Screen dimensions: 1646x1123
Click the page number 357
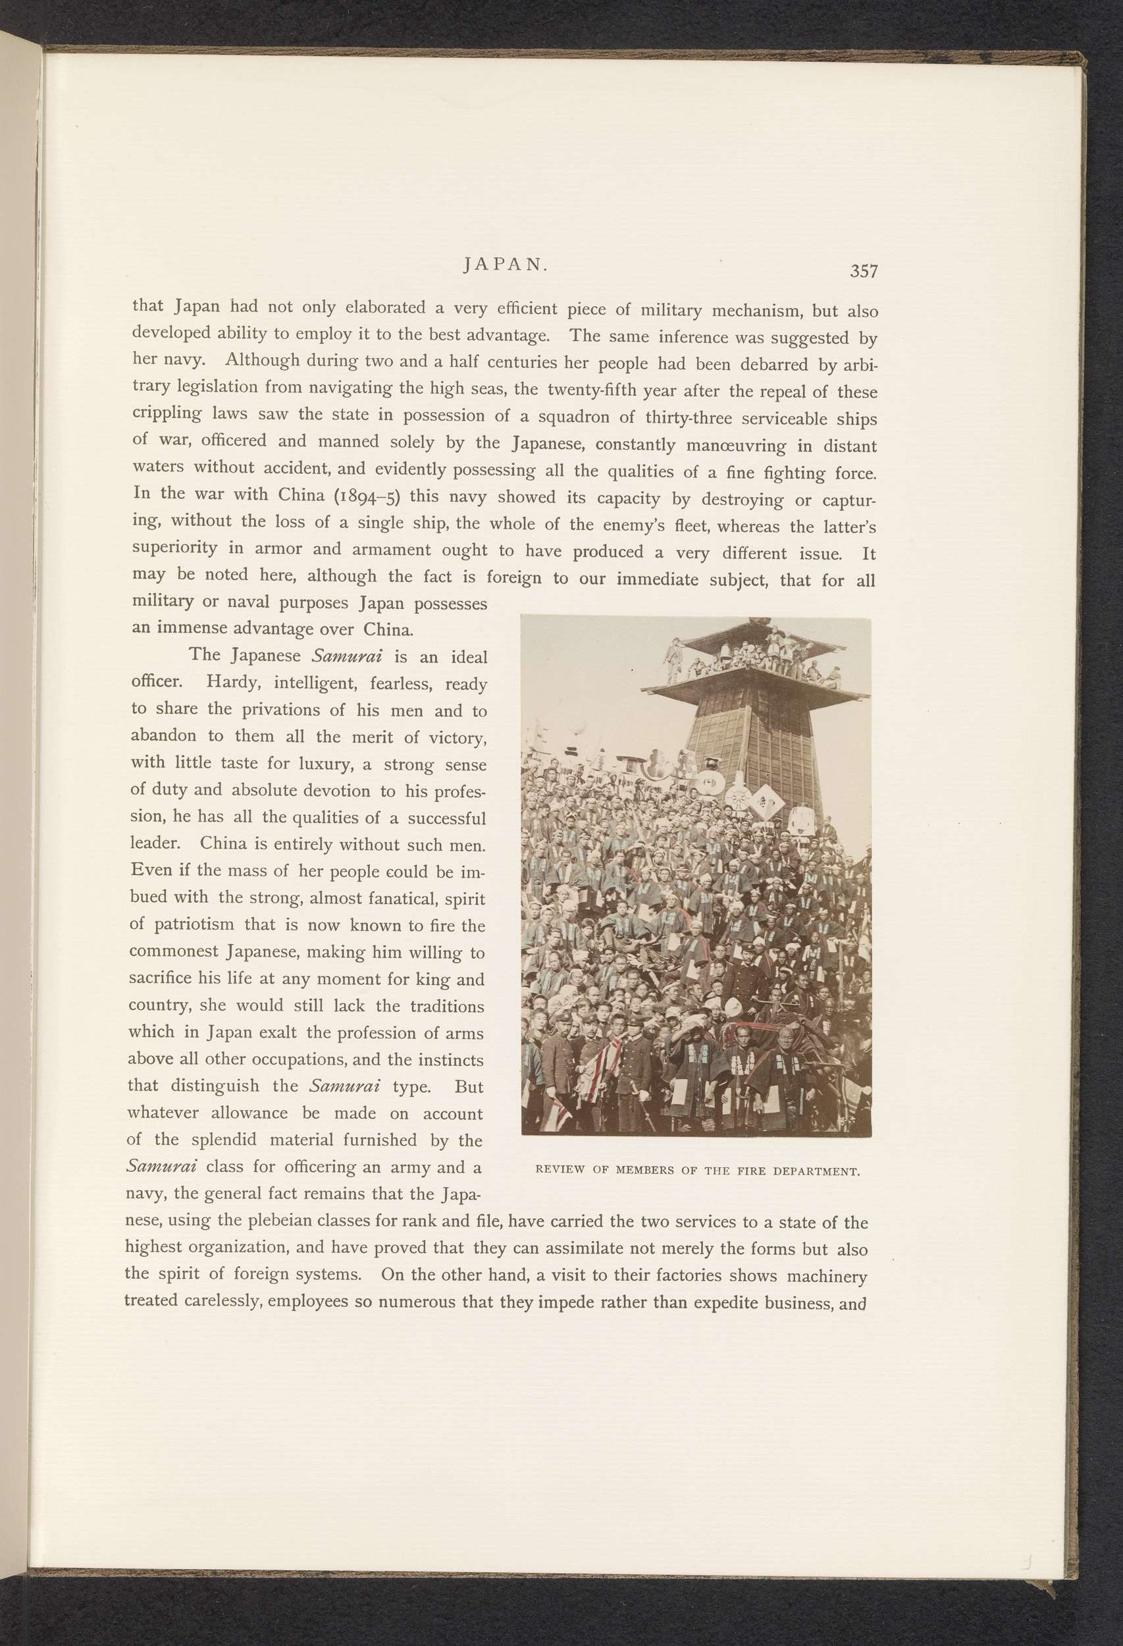pos(864,271)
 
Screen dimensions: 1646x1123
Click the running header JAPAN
pos(505,264)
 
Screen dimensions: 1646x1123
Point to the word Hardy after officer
pos(232,682)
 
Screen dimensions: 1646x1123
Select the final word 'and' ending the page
pos(852,1303)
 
